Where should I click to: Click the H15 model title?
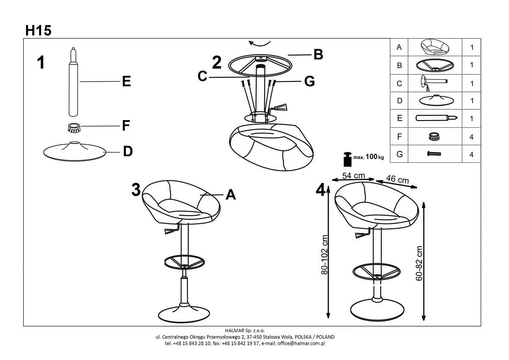click(38, 31)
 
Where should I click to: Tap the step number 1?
click(41, 62)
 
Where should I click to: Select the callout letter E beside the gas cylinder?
click(126, 82)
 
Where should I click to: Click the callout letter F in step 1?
click(126, 126)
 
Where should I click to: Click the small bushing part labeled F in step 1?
click(75, 127)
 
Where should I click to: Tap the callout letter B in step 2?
click(318, 54)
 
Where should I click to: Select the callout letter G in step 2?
click(309, 81)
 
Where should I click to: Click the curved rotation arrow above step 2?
click(259, 43)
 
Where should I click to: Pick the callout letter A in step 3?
click(230, 194)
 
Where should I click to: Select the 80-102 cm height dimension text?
click(325, 255)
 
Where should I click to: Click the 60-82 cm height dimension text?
click(420, 263)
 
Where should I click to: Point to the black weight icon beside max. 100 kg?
click(347, 159)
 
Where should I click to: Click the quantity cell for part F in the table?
click(471, 137)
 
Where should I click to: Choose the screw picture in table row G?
click(434, 155)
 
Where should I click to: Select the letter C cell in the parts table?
click(399, 84)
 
